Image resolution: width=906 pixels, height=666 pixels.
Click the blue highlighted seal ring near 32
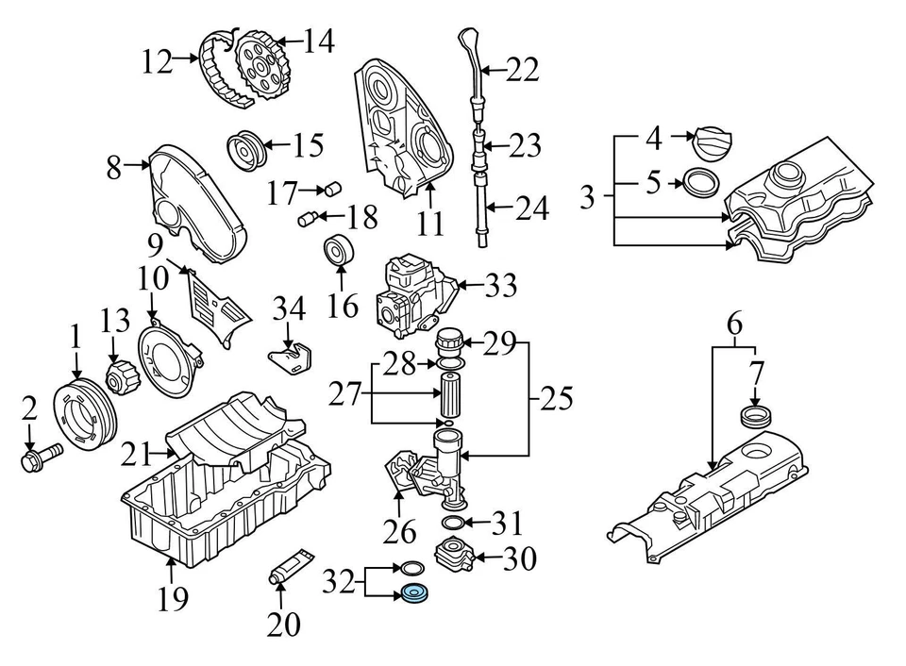click(x=414, y=594)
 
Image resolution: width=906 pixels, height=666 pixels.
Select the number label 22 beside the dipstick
click(x=521, y=69)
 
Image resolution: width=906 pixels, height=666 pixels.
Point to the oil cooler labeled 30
click(x=453, y=556)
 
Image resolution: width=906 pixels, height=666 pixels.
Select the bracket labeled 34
click(x=290, y=359)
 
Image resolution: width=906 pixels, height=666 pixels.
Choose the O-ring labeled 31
click(x=453, y=524)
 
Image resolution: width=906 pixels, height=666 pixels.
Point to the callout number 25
click(x=555, y=400)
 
